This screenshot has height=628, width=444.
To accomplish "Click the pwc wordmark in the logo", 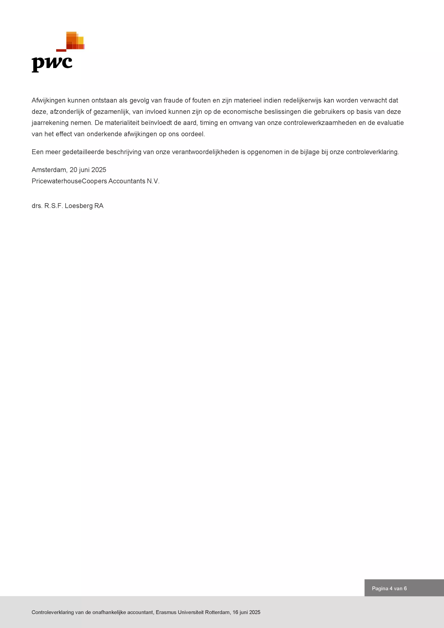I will coord(52,64).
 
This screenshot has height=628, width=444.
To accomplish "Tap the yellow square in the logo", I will coord(81,40).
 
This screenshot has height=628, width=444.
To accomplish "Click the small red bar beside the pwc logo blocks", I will coord(61,50).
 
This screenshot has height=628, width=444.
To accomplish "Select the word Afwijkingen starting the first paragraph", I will coord(48,100).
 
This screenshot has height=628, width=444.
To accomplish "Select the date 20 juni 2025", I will coord(88,170).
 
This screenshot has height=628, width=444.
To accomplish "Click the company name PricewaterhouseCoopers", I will coord(69,181).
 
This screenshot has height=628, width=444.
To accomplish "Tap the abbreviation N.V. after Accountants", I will coord(153,181).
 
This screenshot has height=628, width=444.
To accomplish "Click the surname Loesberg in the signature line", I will coord(78,206).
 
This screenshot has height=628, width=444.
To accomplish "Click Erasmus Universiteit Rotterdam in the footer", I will coord(193,612).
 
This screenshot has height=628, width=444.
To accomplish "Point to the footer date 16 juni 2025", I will coord(246,612).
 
